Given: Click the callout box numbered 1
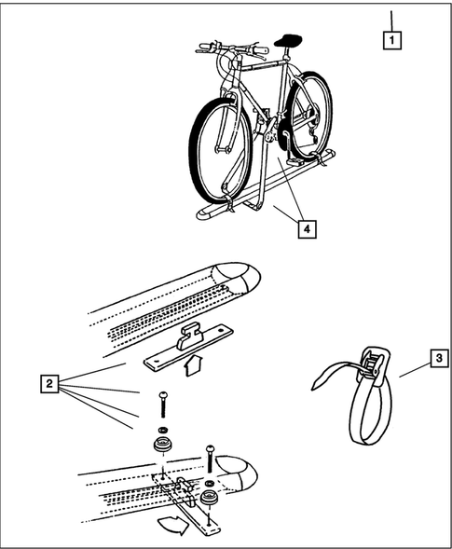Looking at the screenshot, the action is (391, 40).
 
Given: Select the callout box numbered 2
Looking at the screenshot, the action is (49, 383).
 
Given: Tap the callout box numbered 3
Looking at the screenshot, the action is (439, 358).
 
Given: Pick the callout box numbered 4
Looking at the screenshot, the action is (307, 229).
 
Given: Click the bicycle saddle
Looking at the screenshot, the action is (288, 40).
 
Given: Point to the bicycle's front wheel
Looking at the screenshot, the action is (221, 152).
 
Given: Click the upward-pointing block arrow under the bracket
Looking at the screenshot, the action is (192, 365).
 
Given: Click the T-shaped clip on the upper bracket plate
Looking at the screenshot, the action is (190, 338).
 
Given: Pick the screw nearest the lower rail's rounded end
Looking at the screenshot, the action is (210, 458).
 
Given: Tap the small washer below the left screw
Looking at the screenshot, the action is (163, 430).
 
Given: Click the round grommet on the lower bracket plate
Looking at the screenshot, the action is (210, 498).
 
